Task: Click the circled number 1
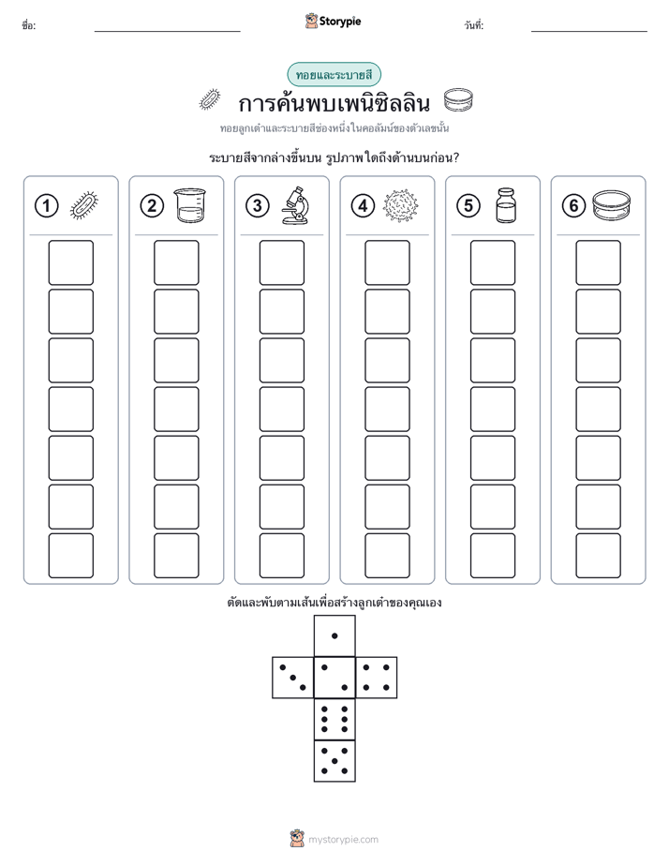[46, 206]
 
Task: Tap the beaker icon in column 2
[190, 205]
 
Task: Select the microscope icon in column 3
[295, 205]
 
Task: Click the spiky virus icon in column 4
[401, 205]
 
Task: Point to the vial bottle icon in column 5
[506, 205]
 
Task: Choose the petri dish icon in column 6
[611, 205]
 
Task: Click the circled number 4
[363, 206]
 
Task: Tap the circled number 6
[573, 206]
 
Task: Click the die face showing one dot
[334, 635]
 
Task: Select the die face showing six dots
[334, 719]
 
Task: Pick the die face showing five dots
[334, 761]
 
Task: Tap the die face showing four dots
[377, 678]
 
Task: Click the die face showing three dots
[292, 678]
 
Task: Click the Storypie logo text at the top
[340, 22]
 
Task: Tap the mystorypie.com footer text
[343, 840]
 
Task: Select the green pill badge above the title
[334, 75]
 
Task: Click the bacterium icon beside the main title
[210, 99]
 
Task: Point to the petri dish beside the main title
[458, 100]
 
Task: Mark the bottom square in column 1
[70, 556]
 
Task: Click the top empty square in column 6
[598, 262]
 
